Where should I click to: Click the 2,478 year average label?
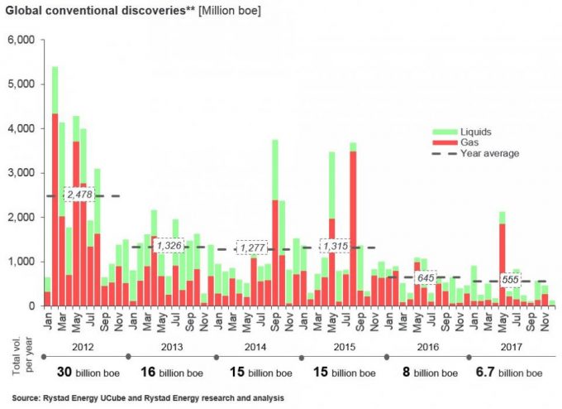81,195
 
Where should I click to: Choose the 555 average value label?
510,281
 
